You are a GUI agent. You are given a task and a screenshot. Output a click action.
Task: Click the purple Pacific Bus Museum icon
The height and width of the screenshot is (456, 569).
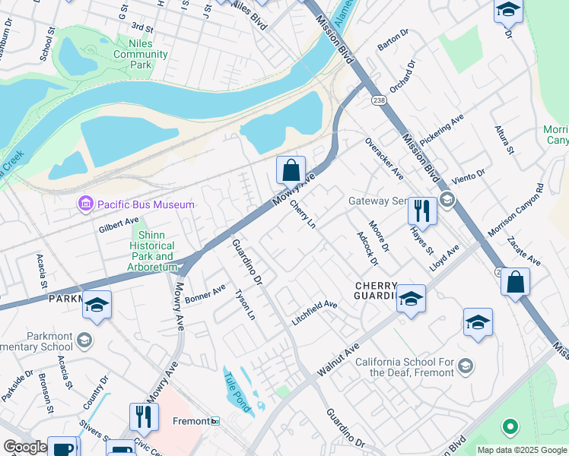click(x=84, y=204)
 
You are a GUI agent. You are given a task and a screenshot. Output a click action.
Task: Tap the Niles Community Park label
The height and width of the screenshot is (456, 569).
click(x=131, y=55)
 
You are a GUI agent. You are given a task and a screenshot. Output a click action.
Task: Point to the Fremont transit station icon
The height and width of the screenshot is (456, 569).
click(x=215, y=421)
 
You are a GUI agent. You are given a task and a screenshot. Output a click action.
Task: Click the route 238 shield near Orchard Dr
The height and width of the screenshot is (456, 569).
click(x=378, y=100)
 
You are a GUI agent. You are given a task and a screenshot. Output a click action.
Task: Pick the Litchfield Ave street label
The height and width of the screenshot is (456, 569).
click(x=314, y=305)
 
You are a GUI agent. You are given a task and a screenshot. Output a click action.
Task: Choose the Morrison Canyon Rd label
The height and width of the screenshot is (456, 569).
click(x=517, y=209)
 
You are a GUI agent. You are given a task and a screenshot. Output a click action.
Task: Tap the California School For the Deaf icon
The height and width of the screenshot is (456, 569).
click(x=466, y=366)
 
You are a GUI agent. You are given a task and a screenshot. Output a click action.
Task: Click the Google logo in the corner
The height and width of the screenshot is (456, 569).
click(x=25, y=447)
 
